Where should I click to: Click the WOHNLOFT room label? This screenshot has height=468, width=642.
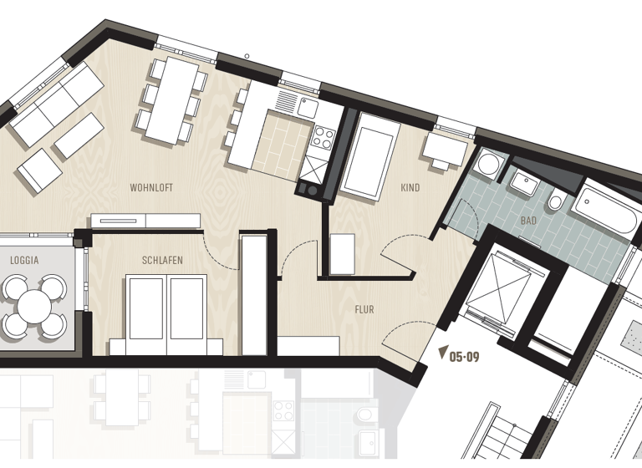click(x=151, y=188)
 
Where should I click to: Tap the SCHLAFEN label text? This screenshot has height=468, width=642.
click(x=162, y=260)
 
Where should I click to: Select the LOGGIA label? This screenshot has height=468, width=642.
click(x=24, y=260)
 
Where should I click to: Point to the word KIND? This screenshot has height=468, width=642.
click(x=410, y=188)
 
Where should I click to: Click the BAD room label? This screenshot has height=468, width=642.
click(x=528, y=221)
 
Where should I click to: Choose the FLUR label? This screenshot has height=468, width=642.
click(x=364, y=309)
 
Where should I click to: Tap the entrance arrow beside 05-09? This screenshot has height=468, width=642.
click(x=443, y=354)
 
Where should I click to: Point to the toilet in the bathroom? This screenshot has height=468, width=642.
click(x=556, y=203)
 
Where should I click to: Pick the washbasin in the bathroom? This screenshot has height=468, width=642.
click(x=526, y=181)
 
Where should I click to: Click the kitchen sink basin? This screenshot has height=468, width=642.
click(x=307, y=108)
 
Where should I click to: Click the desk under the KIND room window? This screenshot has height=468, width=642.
click(x=444, y=150)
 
